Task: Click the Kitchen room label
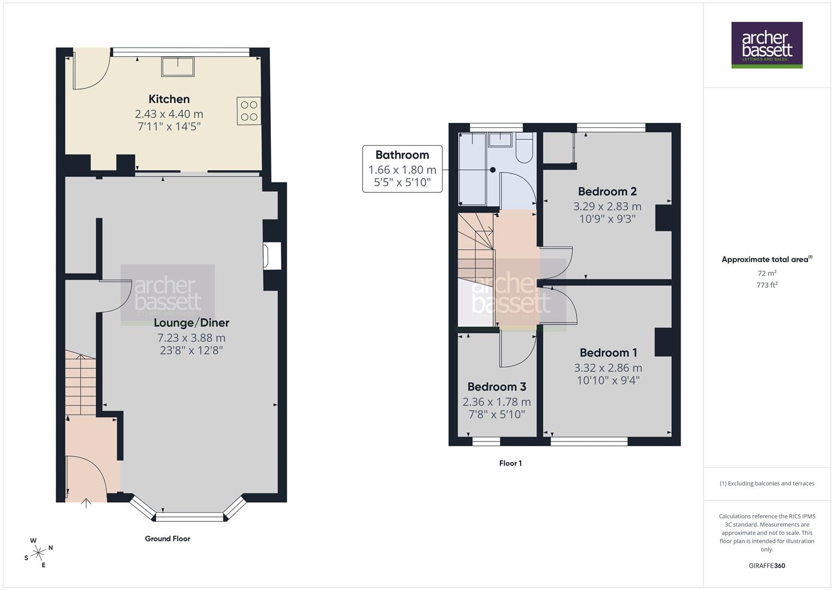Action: tap(169, 99)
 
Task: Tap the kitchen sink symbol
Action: tap(178, 67)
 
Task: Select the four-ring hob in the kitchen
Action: tap(249, 110)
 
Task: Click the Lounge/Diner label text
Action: tap(191, 323)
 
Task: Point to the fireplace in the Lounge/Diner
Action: tap(272, 256)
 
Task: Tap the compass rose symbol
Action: tap(38, 553)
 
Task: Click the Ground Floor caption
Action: tap(168, 539)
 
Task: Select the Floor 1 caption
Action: tap(510, 463)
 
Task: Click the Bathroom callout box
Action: tap(403, 169)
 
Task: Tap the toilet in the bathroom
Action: tap(524, 148)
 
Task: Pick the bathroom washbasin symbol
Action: tap(500, 139)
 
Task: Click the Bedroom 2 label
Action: tap(607, 192)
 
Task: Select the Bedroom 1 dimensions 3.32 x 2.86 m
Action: tap(608, 368)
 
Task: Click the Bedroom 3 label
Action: tap(496, 387)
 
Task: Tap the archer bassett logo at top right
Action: tap(767, 45)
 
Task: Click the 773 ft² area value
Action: tap(767, 285)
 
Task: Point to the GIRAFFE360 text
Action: tap(767, 566)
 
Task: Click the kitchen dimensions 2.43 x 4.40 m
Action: tap(169, 114)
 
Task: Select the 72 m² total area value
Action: tap(767, 273)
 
